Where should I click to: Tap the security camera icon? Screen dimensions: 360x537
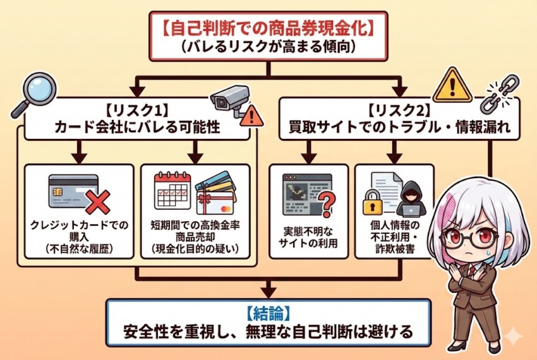228,97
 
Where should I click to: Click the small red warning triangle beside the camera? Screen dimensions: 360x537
252,115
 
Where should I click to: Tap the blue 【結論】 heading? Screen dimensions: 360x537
268,313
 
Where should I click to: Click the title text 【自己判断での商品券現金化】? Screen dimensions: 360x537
269,28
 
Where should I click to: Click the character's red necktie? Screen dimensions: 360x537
472,272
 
